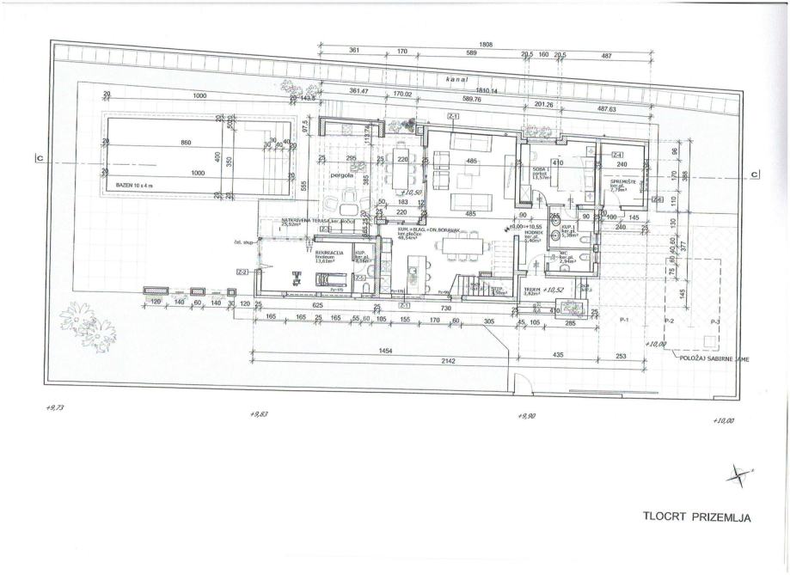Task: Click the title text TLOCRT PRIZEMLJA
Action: coord(696,517)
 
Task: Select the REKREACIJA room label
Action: coord(329,253)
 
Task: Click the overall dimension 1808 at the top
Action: coord(485,44)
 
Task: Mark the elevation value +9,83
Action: coord(259,414)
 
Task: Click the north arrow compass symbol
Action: coord(738,472)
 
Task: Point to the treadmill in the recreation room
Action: coord(329,278)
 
